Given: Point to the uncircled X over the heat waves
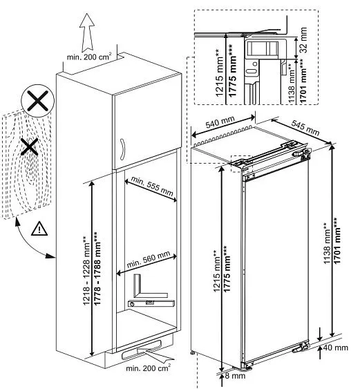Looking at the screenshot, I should pyautogui.click(x=28, y=146).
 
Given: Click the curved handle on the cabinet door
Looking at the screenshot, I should pyautogui.click(x=121, y=149).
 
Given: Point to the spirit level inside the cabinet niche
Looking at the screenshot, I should pyautogui.click(x=148, y=301).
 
